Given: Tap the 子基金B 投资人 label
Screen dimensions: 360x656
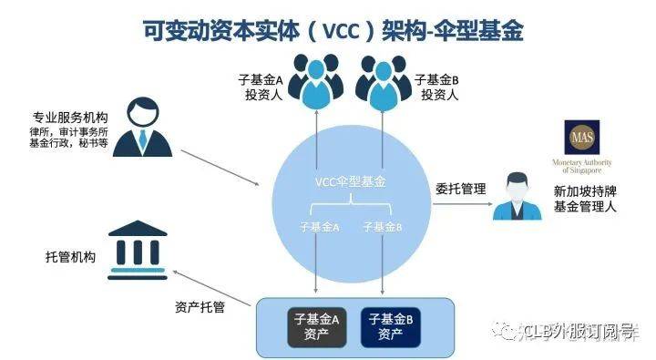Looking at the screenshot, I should (436, 87).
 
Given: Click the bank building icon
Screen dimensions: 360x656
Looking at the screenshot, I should (137, 246).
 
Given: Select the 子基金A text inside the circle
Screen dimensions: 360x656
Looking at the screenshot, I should (320, 225).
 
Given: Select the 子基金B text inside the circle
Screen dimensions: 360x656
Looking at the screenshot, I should (382, 225).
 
